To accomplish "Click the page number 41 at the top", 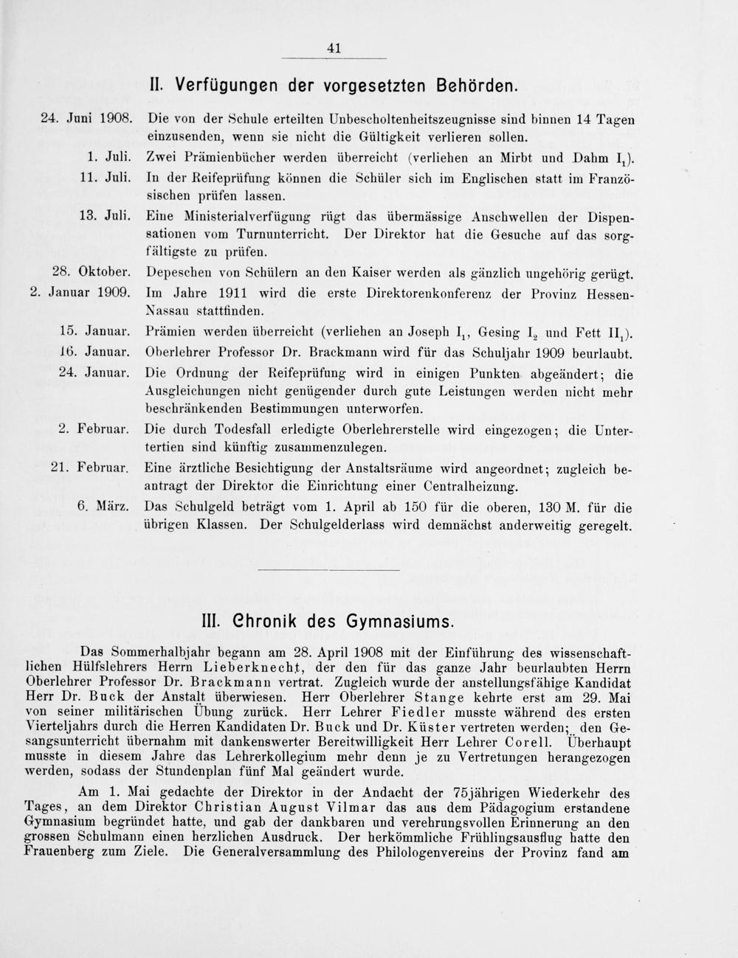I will click(x=334, y=49).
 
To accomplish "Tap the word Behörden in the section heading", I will click(x=475, y=86).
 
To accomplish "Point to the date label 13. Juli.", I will click(x=104, y=216).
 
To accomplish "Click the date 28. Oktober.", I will click(x=92, y=274).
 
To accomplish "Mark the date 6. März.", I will click(x=104, y=507).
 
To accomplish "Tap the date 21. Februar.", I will click(x=92, y=468).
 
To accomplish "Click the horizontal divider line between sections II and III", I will click(x=329, y=569).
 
